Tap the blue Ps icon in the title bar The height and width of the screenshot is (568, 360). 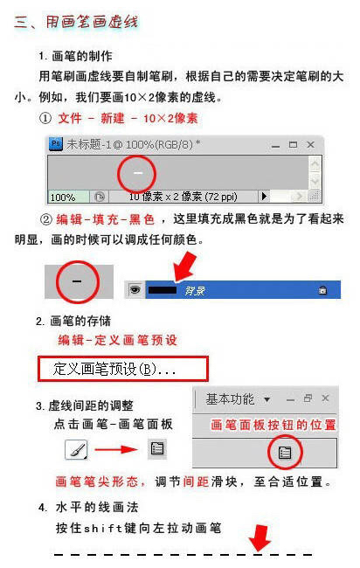[x=56, y=144]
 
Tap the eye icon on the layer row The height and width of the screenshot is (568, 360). [x=135, y=289]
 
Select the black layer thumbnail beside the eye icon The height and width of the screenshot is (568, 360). [x=162, y=289]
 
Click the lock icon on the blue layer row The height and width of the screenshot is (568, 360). [x=323, y=290]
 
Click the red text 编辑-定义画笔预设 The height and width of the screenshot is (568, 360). [x=117, y=340]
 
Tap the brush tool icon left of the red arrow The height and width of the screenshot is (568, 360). [x=76, y=450]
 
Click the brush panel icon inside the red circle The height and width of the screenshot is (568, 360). [x=284, y=452]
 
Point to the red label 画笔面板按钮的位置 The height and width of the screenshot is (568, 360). [x=273, y=425]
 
